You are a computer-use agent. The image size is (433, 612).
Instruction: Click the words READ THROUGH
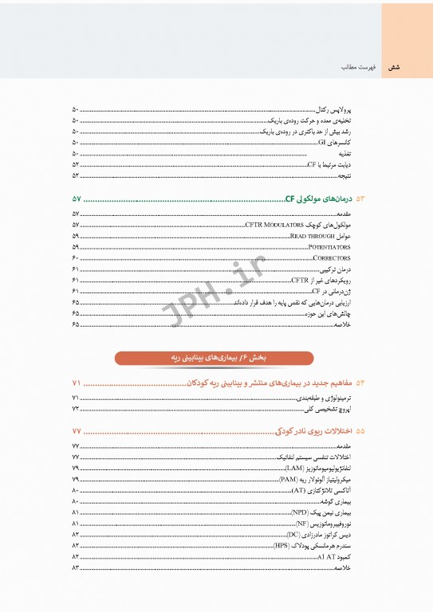pos(309,237)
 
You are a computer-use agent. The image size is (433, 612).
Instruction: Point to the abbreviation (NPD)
pos(300,512)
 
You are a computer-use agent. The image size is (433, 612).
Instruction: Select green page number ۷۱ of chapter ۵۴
pos(77,382)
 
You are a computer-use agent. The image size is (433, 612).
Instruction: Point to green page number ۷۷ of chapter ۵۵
pos(77,431)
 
